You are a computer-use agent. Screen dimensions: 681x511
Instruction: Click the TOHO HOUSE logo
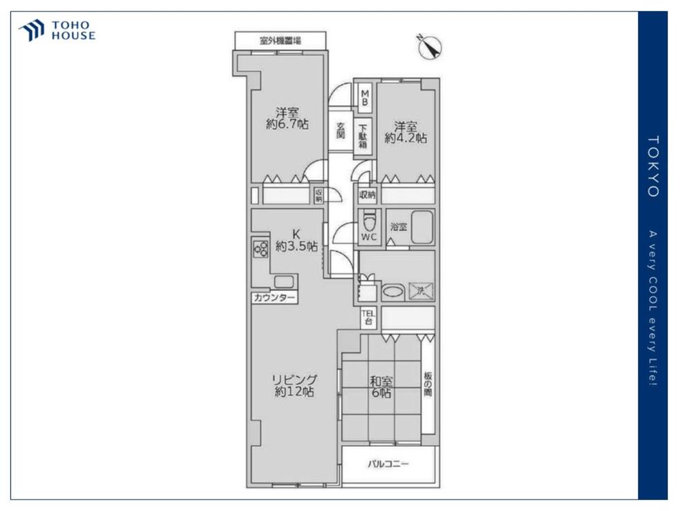pyautogui.click(x=57, y=31)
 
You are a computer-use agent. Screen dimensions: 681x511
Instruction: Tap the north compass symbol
pyautogui.click(x=430, y=46)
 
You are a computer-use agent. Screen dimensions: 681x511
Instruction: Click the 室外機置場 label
pyautogui.click(x=280, y=41)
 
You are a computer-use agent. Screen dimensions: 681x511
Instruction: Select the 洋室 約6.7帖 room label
pyautogui.click(x=287, y=118)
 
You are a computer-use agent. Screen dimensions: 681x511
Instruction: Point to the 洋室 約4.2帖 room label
pyautogui.click(x=406, y=133)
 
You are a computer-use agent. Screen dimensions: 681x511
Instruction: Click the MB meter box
pyautogui.click(x=365, y=97)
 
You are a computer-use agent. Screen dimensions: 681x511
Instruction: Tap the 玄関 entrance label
pyautogui.click(x=341, y=130)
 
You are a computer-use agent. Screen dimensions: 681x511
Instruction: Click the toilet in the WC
pyautogui.click(x=369, y=221)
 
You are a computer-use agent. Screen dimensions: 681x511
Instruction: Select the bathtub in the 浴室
pyautogui.click(x=422, y=228)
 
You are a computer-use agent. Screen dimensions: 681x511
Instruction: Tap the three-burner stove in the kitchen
pyautogui.click(x=261, y=249)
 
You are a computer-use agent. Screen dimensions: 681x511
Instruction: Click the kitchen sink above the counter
pyautogui.click(x=283, y=282)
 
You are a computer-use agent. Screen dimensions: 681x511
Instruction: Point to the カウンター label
pyautogui.click(x=274, y=298)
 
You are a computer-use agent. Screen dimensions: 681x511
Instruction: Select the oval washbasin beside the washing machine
pyautogui.click(x=393, y=291)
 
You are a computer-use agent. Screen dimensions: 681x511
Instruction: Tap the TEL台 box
pyautogui.click(x=368, y=318)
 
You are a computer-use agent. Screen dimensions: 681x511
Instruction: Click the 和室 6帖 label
pyautogui.click(x=381, y=387)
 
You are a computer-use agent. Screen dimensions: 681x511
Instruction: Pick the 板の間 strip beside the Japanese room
pyautogui.click(x=428, y=384)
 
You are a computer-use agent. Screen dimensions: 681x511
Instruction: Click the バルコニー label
pyautogui.click(x=388, y=464)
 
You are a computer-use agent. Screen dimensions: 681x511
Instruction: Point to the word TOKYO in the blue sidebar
pyautogui.click(x=653, y=166)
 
